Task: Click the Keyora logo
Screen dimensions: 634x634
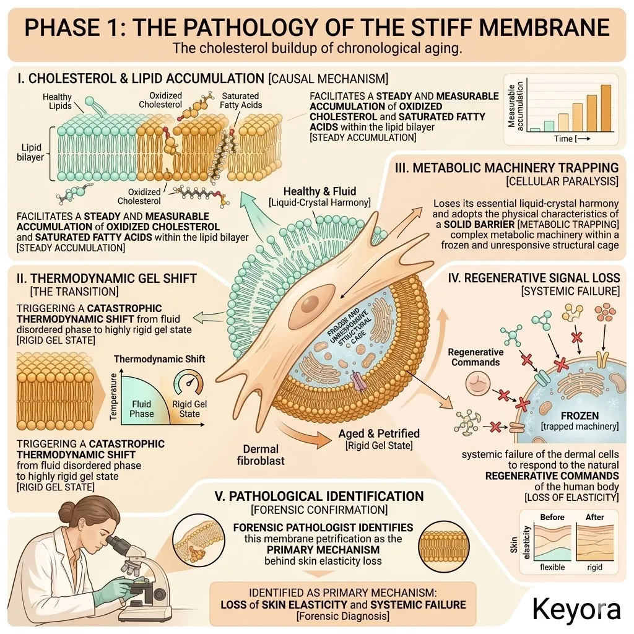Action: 576,609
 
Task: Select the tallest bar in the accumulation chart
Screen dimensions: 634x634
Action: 606,108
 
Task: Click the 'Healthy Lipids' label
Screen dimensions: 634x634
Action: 57,102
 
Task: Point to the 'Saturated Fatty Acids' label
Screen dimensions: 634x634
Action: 241,100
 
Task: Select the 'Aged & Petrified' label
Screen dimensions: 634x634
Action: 379,433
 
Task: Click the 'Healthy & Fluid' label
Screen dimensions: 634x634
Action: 319,191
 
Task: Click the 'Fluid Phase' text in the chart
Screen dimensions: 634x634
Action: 141,409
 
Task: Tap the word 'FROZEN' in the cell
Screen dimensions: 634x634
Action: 579,415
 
